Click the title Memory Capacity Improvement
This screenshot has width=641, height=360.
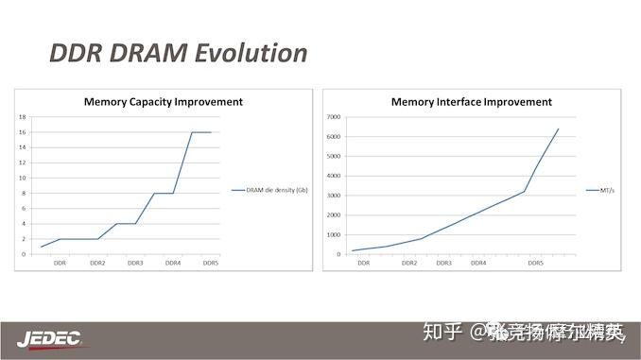point(163,101)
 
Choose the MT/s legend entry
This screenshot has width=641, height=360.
point(607,190)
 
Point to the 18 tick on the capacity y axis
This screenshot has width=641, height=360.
point(22,117)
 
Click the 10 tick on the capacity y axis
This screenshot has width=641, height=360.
point(22,178)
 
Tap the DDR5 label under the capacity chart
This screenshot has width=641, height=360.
point(212,263)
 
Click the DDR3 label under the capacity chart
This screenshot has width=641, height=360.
point(135,263)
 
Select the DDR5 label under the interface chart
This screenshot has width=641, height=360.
point(535,263)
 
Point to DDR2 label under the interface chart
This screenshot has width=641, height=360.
point(409,263)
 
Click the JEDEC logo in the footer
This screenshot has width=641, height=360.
point(49,337)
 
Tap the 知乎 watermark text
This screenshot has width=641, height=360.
point(442,332)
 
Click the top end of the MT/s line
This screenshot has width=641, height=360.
point(558,129)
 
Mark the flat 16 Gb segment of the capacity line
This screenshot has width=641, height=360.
point(201,132)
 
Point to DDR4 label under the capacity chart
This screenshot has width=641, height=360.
point(173,263)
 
